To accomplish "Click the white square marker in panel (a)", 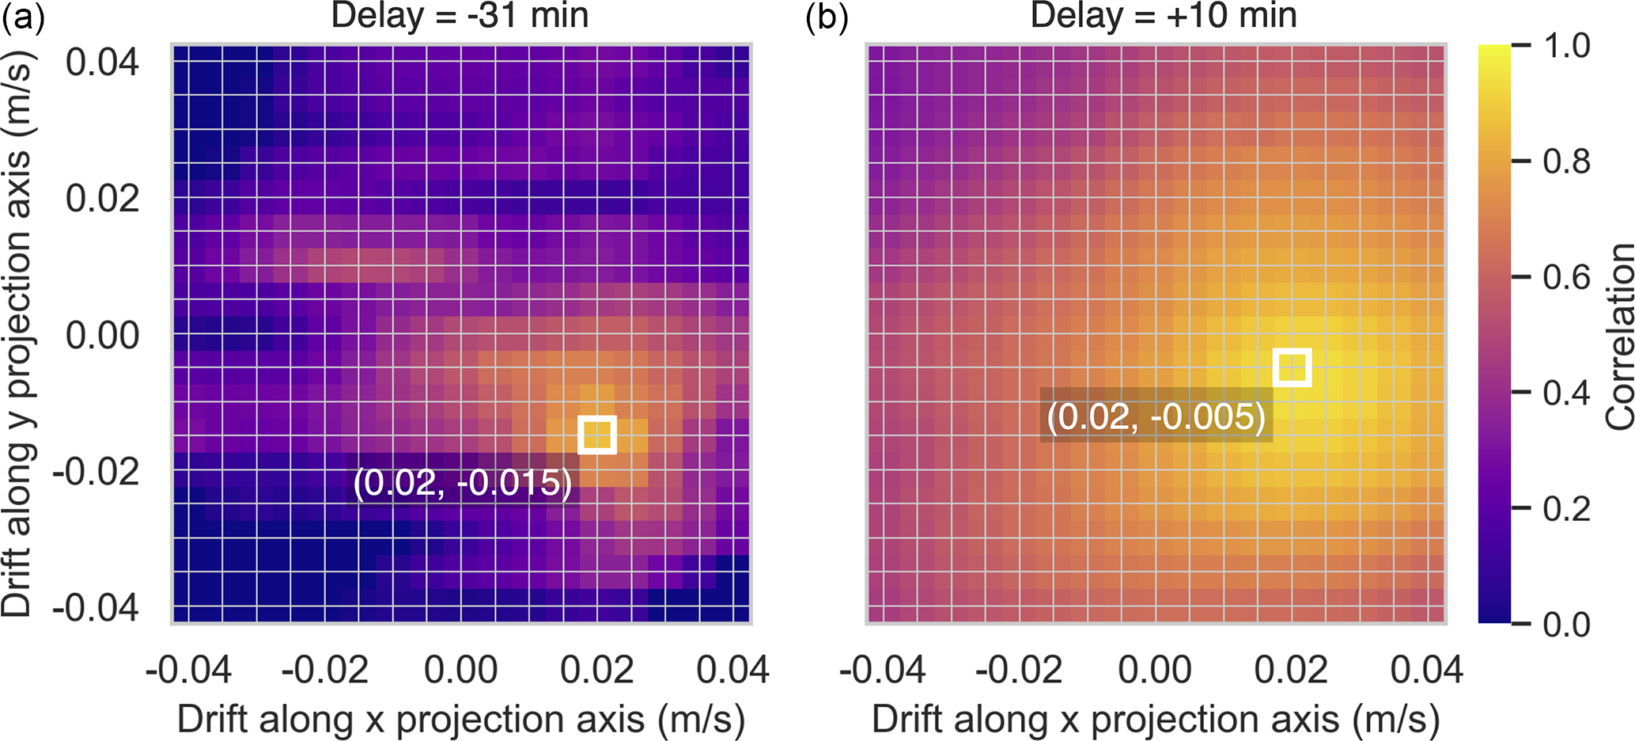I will coord(597,435).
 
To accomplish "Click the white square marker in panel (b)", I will coord(1292,367).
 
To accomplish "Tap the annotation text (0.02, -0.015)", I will coord(463,482).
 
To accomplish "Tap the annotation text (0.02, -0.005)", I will coord(1156,416).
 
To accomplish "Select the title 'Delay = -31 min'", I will coord(460,16).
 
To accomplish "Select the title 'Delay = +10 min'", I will coord(1163,16).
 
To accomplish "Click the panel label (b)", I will coord(827,16).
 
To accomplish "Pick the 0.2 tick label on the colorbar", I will coord(1566,508).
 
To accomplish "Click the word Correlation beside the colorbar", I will coord(1620,336).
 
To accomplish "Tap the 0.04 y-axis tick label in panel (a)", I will coord(102,62).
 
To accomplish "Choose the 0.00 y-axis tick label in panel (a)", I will coord(102,335).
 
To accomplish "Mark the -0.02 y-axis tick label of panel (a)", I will coord(96,472).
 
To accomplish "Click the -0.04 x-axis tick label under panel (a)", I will coord(188,670).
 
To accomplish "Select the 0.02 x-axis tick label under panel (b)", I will coord(1291,670).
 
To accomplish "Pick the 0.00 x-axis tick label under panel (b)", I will coord(1155,670).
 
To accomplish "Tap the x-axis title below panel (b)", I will coord(1156,719).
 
